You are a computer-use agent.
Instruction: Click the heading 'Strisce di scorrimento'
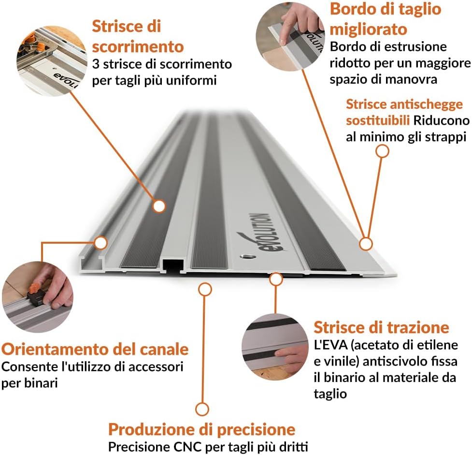(x=138, y=36)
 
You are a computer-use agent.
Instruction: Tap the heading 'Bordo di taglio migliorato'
(x=385, y=19)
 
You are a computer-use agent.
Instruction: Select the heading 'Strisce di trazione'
(x=381, y=327)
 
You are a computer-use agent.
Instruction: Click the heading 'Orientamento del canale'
(x=95, y=349)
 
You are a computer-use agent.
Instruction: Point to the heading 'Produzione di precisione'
(x=201, y=429)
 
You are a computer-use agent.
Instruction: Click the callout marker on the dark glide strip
(x=158, y=206)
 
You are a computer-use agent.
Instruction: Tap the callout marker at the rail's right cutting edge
(x=366, y=243)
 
